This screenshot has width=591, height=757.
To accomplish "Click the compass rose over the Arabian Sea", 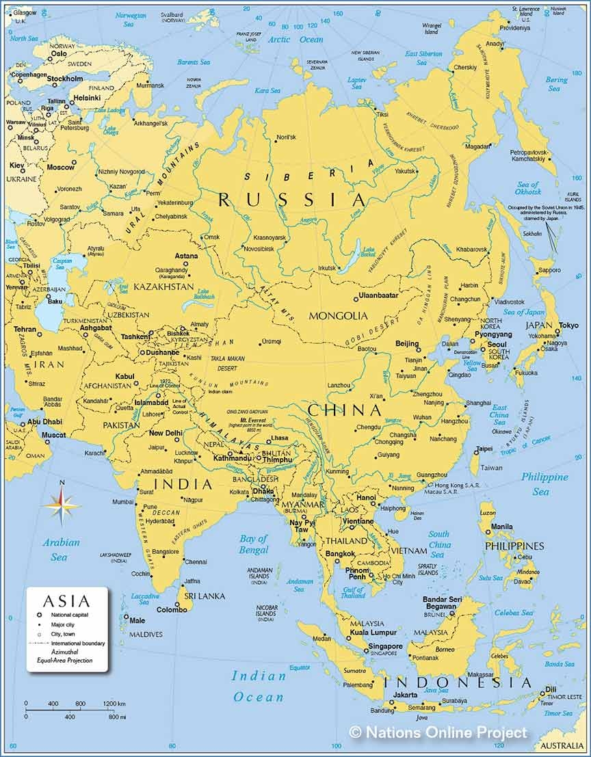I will pos(62,505).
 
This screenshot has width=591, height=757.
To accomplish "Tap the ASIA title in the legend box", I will pos(66,601).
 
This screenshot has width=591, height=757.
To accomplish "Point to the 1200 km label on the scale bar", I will pos(114,704).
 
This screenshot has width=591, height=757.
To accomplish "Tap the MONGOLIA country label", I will pos(339,315).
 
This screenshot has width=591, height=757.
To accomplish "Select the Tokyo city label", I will pos(568,326).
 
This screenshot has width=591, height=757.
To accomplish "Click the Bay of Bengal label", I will pos(254,544).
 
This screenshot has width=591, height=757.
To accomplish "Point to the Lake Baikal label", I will pos(369,252).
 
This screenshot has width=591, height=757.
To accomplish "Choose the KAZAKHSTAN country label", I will pos(163,287).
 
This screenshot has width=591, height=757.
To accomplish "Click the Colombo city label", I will pos(172,609).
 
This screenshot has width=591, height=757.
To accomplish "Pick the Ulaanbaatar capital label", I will pos(378,295).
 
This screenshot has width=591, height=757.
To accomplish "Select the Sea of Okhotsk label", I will pos(527,188).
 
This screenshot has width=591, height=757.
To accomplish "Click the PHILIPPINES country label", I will pos(514,546).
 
